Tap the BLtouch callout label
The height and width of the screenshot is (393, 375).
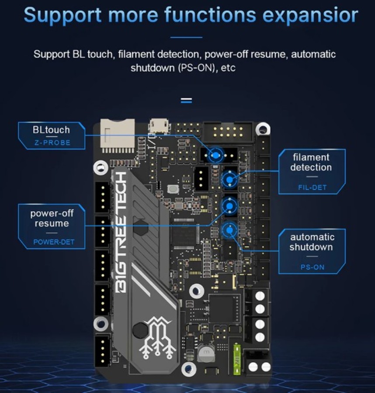tap(51, 130)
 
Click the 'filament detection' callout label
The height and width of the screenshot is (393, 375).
tap(311, 162)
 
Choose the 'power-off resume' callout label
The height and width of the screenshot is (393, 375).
tap(52, 218)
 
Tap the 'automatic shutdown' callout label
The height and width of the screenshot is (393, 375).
tap(312, 242)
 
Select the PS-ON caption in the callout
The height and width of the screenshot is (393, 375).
tap(312, 267)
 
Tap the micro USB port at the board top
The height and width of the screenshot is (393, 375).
tap(159, 126)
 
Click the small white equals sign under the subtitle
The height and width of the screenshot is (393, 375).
tap(187, 101)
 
